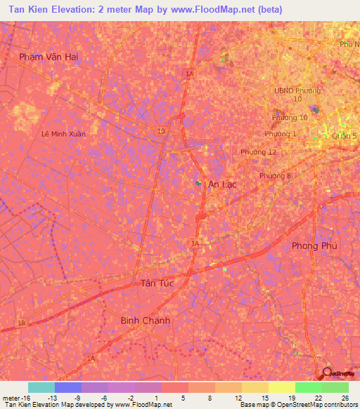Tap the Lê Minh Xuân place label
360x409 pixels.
click(63, 134)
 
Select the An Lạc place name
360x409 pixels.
click(222, 184)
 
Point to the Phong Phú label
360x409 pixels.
click(314, 246)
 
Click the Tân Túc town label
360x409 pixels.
click(153, 283)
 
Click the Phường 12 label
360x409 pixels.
click(258, 152)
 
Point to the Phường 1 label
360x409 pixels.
click(281, 134)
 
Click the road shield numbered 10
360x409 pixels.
click(162, 131)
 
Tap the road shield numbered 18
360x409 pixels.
click(21, 322)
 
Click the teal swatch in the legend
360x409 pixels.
click(41, 387)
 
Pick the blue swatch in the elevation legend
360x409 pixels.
click(68, 387)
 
